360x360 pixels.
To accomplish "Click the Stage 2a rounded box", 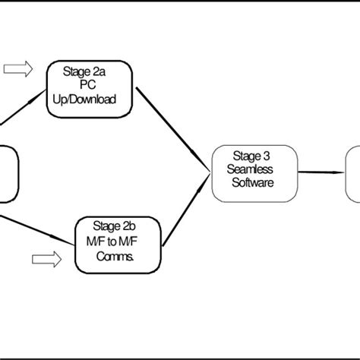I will (x=90, y=89).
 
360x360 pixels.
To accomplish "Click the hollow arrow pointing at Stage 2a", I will (x=18, y=70).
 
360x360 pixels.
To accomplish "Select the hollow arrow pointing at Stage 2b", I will (x=47, y=261).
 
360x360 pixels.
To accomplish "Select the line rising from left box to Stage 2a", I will (x=23, y=110).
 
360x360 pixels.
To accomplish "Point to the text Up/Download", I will (x=90, y=99).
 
